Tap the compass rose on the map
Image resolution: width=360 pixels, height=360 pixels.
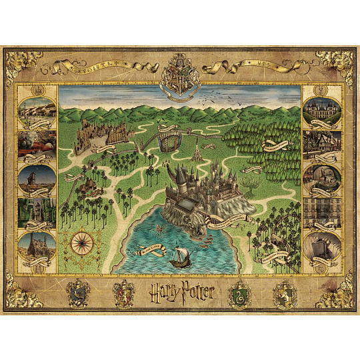click(79, 240)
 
